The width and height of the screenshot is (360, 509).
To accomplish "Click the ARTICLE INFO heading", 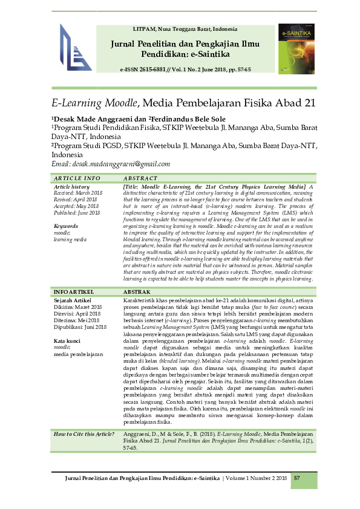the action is pos(77,179).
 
